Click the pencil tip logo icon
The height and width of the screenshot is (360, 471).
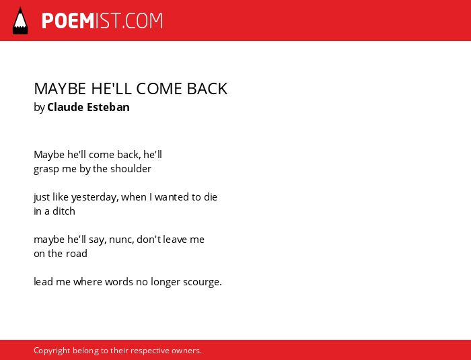[20, 20]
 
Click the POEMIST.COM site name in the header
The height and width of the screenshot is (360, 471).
[102, 21]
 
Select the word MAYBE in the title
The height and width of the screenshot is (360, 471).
[60, 89]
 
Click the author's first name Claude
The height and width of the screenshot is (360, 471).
[65, 107]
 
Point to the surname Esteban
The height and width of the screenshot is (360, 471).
[108, 107]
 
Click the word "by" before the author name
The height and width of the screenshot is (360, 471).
[39, 108]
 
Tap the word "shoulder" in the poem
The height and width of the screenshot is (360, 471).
[131, 169]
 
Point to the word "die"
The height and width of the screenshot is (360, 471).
[210, 197]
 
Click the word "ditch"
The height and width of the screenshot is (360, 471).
[64, 211]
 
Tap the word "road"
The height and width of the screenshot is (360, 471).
[77, 254]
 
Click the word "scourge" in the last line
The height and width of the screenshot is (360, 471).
[201, 283]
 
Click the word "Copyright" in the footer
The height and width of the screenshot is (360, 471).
[52, 351]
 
